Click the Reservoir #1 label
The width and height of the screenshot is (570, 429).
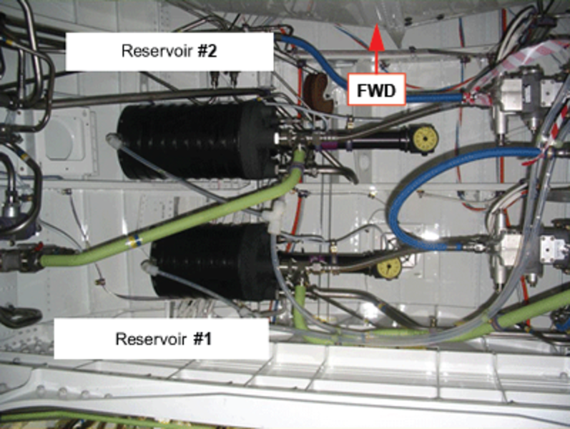(x=160, y=338)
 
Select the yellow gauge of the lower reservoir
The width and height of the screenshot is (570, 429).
(x=388, y=268)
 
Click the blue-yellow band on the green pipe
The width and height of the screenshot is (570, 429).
(x=132, y=240)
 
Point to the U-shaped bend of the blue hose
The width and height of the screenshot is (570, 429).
(x=398, y=207)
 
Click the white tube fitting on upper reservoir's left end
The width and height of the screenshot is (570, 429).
(x=112, y=139)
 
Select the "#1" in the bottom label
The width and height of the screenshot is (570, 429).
(x=204, y=338)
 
